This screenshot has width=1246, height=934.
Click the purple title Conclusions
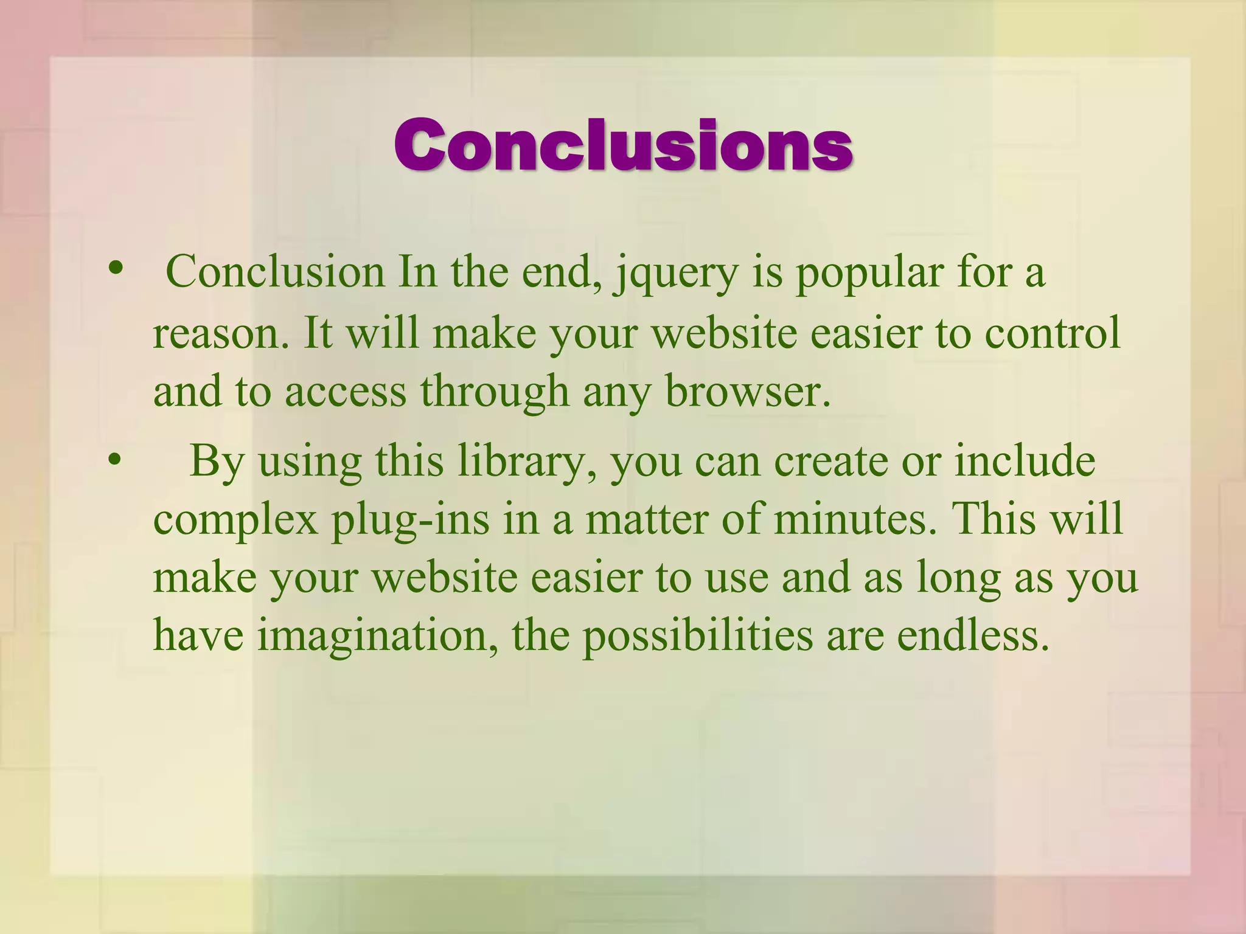click(623, 145)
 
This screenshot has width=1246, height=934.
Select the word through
click(495, 392)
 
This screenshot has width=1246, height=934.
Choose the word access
click(345, 392)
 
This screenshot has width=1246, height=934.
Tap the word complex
click(235, 521)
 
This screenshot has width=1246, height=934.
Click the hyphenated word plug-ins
click(411, 521)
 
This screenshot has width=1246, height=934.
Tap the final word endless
click(974, 635)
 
